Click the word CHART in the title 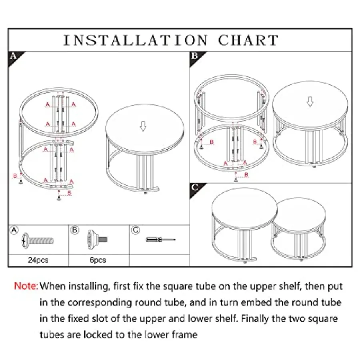pos(248,40)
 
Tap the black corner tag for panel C pos(195,187)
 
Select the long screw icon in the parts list pos(38,240)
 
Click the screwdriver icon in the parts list pos(160,240)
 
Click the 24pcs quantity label pos(38,260)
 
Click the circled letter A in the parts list pos(14,230)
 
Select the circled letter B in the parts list pos(74,230)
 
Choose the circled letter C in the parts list pos(136,230)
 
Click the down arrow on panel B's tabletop pos(310,102)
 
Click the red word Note pos(26,286)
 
